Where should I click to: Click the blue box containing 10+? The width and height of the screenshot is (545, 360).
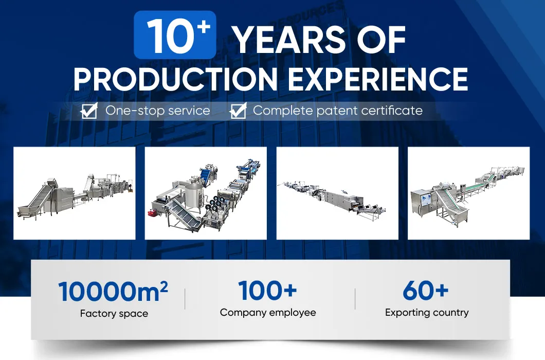[175, 35]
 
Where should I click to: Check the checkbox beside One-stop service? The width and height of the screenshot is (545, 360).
[89, 111]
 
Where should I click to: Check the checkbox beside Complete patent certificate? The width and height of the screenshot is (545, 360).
[238, 111]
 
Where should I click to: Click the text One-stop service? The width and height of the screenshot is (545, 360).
[158, 111]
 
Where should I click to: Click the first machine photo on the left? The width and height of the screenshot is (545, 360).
[74, 193]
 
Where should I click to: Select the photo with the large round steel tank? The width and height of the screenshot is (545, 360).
[206, 193]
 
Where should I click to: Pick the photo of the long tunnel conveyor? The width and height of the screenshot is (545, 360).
[337, 193]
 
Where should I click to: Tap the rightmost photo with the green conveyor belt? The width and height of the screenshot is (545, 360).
[468, 193]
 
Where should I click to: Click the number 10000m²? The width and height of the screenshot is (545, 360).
[113, 292]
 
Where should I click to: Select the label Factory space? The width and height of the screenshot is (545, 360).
[114, 313]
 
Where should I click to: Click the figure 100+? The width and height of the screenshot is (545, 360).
[267, 291]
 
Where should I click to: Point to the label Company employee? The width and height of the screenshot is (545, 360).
[268, 312]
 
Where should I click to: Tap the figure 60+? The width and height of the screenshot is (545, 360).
[426, 291]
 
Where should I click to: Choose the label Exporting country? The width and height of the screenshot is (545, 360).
[427, 312]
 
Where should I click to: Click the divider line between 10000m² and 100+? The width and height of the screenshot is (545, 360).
[185, 299]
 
